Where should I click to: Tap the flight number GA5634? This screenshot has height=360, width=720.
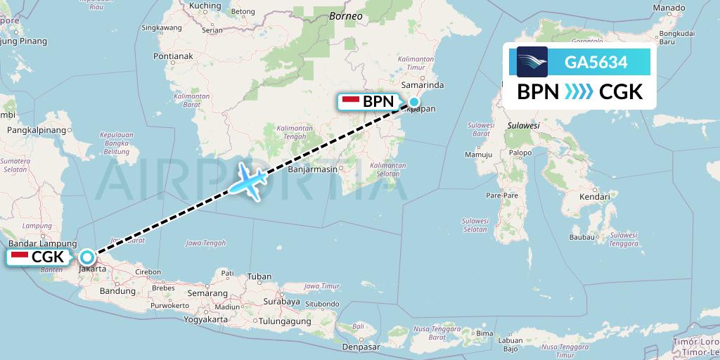tap(596, 63)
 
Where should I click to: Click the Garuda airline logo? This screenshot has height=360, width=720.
tap(532, 62)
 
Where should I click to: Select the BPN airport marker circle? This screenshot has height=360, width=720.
tap(414, 102)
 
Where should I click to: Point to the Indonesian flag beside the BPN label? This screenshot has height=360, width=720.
tap(350, 101)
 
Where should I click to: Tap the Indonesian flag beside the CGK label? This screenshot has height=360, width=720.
tap(20, 257)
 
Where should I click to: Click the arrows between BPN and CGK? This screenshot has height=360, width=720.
tap(579, 92)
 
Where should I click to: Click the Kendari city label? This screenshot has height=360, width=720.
tap(594, 197)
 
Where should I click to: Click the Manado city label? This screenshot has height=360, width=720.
tap(669, 8)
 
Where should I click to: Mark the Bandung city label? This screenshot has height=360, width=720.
tap(117, 290)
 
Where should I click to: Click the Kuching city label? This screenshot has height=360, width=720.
tap(205, 6)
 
